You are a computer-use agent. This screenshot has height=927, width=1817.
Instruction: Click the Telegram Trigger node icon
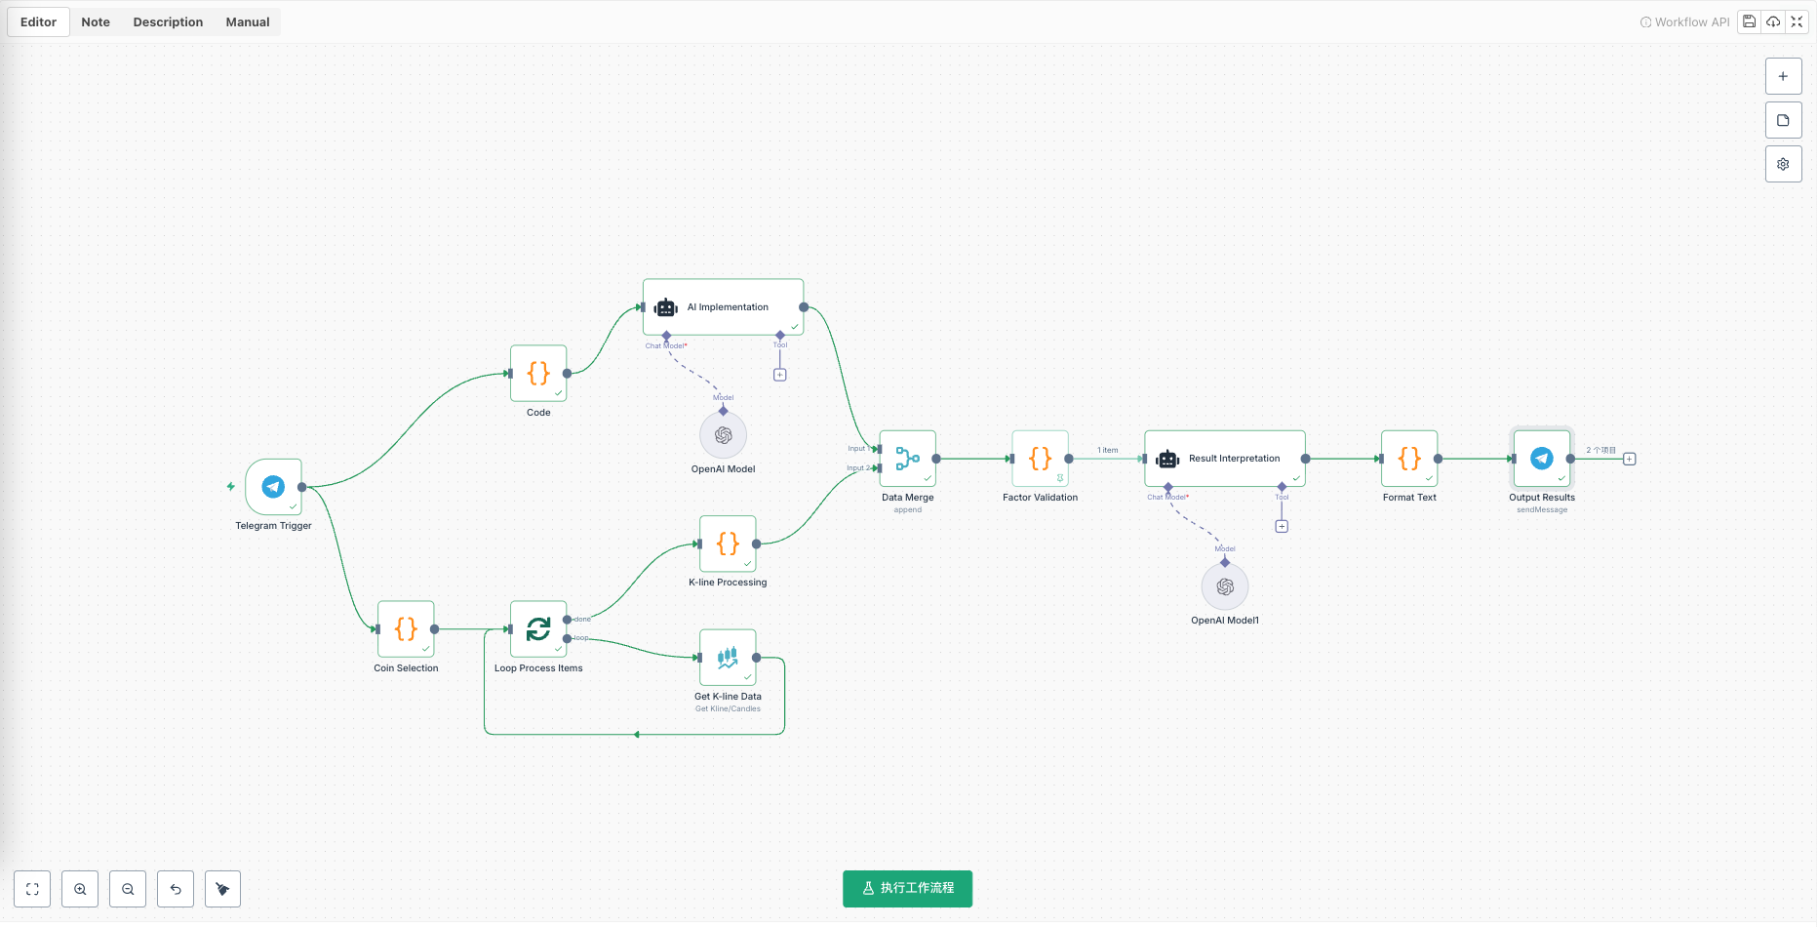click(x=273, y=486)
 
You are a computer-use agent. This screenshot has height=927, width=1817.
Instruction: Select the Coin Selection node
click(x=406, y=628)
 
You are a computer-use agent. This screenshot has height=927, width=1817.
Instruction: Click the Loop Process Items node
click(x=538, y=628)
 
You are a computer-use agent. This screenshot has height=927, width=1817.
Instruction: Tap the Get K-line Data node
click(x=728, y=658)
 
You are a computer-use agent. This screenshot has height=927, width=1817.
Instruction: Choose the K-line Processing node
click(x=728, y=544)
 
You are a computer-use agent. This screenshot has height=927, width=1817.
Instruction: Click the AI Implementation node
click(x=723, y=307)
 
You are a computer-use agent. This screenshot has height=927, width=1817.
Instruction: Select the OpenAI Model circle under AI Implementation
click(x=723, y=435)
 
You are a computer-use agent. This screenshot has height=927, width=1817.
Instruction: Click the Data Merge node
click(x=907, y=459)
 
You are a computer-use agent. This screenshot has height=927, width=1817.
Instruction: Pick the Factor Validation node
click(x=1040, y=459)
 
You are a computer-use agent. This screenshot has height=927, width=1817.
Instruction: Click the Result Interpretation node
click(x=1224, y=459)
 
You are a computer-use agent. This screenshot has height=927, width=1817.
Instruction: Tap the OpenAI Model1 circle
click(x=1225, y=586)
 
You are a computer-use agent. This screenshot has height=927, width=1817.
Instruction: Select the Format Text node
click(x=1409, y=459)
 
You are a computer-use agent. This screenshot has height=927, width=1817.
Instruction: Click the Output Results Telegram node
click(x=1541, y=459)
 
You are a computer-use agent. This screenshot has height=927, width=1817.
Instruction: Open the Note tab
click(x=96, y=22)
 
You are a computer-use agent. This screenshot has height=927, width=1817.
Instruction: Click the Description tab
click(x=168, y=22)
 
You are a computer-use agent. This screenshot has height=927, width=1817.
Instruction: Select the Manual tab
click(x=248, y=22)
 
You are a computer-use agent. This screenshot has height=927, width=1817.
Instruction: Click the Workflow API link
click(x=1684, y=22)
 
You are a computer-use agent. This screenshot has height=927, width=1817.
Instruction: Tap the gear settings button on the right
click(x=1783, y=164)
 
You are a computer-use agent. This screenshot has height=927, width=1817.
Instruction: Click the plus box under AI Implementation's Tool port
click(x=779, y=375)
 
